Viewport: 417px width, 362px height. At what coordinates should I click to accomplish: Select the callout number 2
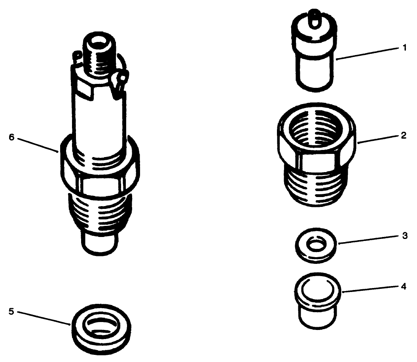(x=404, y=135)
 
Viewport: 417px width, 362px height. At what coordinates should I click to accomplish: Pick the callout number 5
(x=11, y=311)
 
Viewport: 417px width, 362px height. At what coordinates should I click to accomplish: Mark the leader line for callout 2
(x=378, y=138)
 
